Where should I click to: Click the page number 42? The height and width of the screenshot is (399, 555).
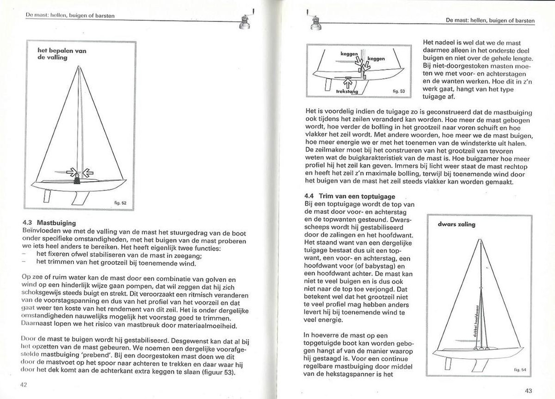23,384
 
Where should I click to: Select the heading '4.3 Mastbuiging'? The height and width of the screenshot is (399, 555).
49,222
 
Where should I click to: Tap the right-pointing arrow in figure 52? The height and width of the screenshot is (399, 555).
71,172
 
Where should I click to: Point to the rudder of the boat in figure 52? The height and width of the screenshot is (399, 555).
46,196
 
